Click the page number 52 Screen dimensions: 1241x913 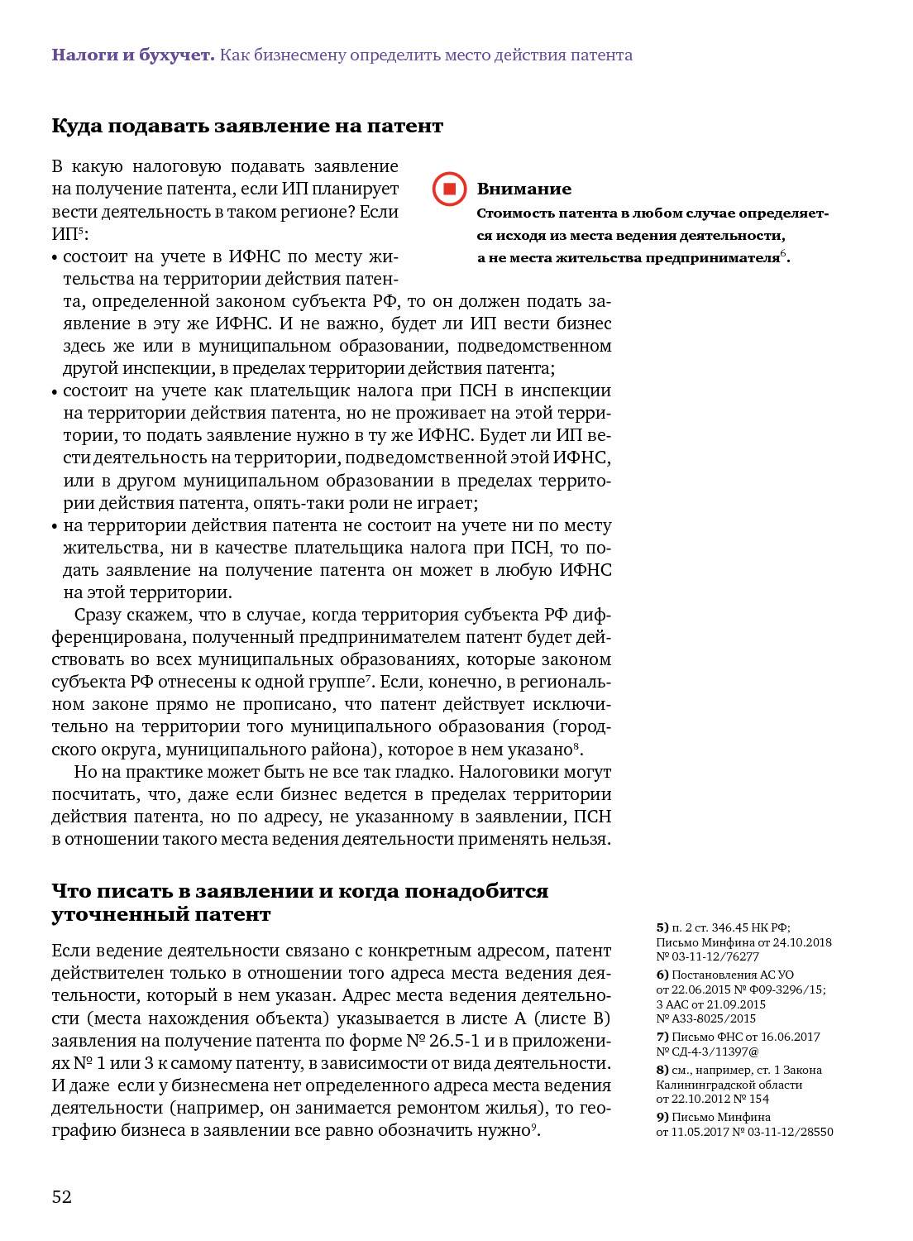pyautogui.click(x=62, y=1196)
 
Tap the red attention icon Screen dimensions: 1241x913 pyautogui.click(x=450, y=189)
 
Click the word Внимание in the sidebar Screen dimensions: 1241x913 pyautogui.click(x=524, y=189)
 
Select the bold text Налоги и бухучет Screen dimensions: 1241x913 pyautogui.click(x=133, y=55)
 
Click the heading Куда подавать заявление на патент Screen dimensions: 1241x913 pyautogui.click(x=247, y=126)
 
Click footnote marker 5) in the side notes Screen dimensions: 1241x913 pyautogui.click(x=662, y=927)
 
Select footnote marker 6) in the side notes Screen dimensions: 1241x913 pyautogui.click(x=662, y=975)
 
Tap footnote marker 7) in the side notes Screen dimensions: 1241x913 pyautogui.click(x=662, y=1037)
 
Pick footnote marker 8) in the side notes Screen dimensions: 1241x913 pyautogui.click(x=662, y=1070)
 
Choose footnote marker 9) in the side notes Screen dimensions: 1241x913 pyautogui.click(x=662, y=1117)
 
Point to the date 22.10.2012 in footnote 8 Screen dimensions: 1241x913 pyautogui.click(x=700, y=1099)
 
